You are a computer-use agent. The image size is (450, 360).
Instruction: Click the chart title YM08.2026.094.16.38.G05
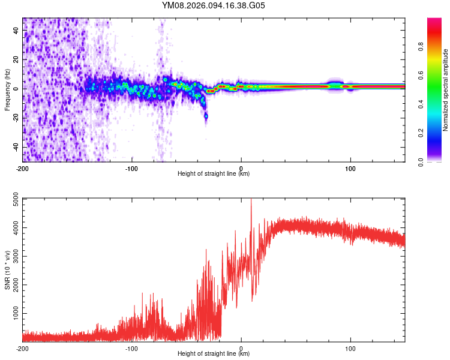coord(214,5)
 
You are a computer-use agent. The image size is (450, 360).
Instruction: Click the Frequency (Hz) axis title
coord(7,89)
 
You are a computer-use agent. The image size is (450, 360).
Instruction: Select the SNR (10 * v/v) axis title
coord(7,269)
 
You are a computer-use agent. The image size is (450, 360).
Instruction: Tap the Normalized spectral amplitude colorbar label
coord(445,89)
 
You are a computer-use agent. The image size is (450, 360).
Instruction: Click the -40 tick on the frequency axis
coord(16,147)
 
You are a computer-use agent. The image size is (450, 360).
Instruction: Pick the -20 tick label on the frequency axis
coord(16,118)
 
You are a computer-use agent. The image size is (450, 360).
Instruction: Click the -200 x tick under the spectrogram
coord(23,169)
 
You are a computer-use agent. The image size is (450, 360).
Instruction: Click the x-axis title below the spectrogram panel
coord(214,174)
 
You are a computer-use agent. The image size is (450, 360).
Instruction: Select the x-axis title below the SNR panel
coord(214,353)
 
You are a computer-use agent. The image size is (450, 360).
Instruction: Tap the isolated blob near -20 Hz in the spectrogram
coord(206,115)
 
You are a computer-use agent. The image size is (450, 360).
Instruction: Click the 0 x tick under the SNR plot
coord(241,348)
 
